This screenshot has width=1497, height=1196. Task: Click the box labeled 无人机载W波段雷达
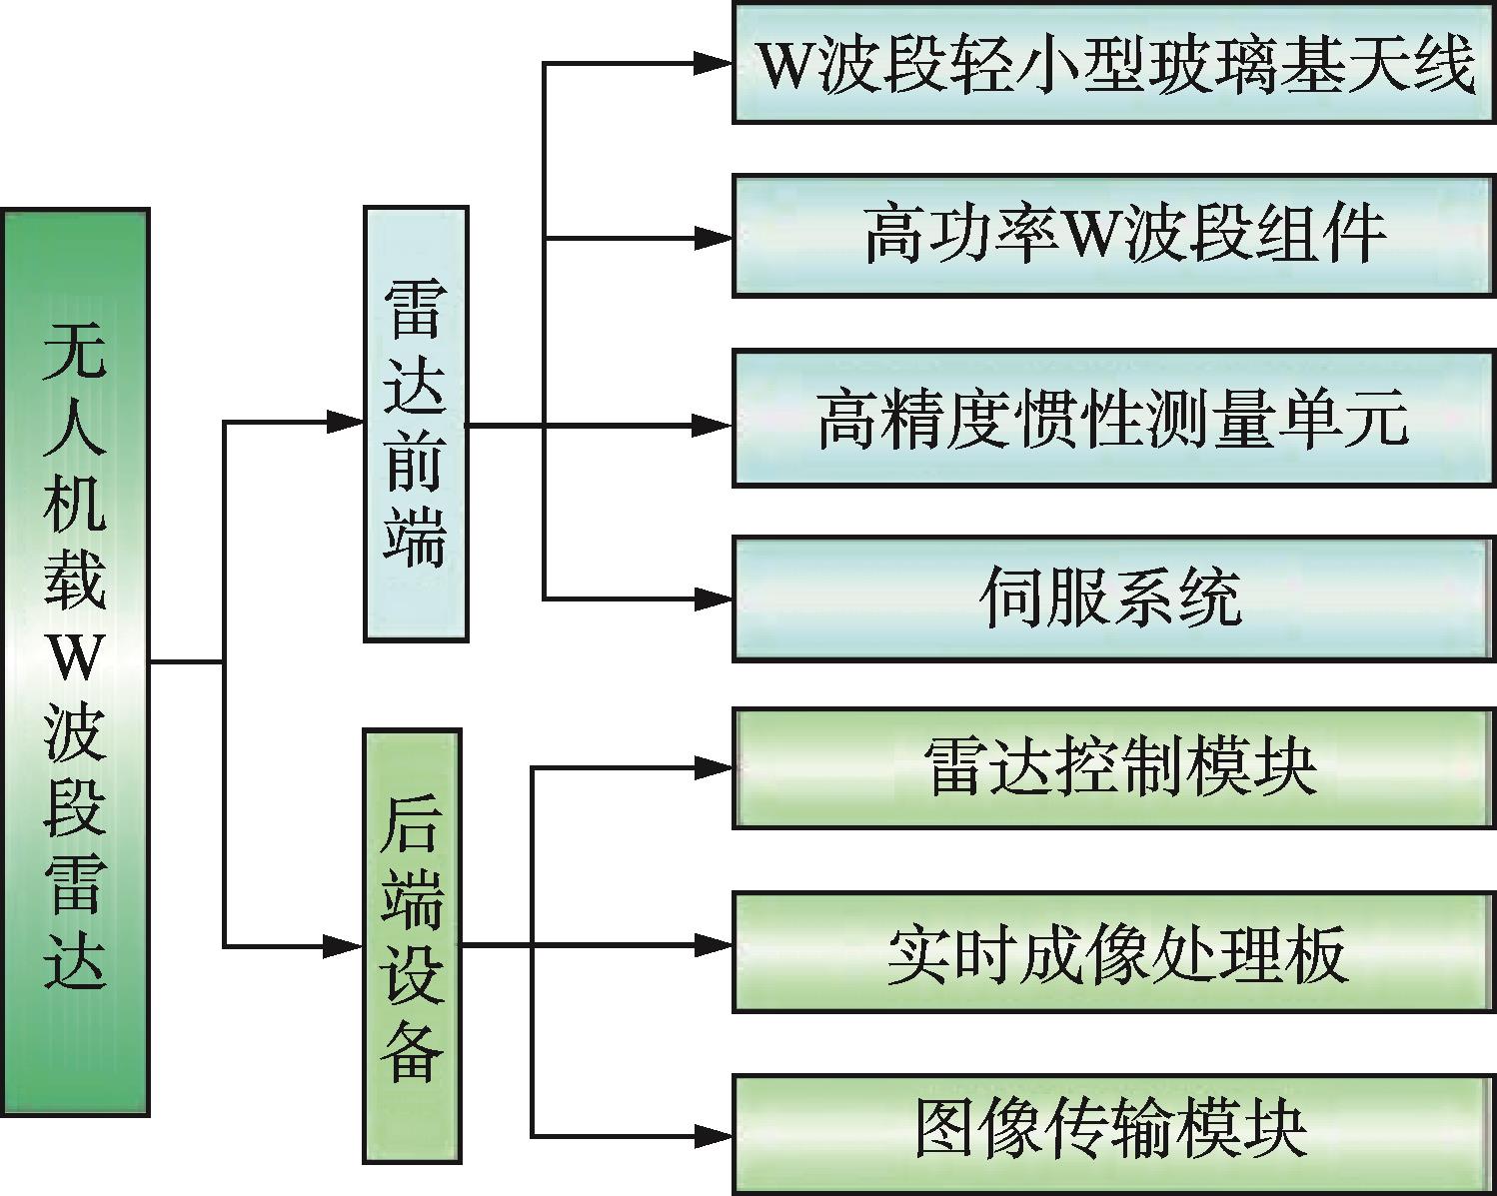(x=75, y=661)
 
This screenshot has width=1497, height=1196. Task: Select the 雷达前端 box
(x=415, y=423)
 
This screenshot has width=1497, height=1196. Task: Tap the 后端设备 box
(x=412, y=945)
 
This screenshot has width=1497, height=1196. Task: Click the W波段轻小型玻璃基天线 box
(x=1114, y=63)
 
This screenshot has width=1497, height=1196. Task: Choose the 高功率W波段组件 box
(x=1114, y=236)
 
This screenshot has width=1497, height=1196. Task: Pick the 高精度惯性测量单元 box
(x=1114, y=419)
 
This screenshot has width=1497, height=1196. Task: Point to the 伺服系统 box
(x=1114, y=598)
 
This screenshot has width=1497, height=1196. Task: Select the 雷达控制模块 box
(x=1114, y=768)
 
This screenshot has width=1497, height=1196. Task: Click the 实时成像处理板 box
(x=1114, y=952)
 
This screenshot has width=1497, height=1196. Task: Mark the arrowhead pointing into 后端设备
(x=344, y=945)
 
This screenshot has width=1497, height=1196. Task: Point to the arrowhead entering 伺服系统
(x=715, y=599)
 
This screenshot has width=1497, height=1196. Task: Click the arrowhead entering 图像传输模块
(x=715, y=1135)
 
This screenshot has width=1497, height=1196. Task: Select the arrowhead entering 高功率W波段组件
(x=715, y=238)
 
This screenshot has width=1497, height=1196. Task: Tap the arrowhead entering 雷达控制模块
(x=715, y=768)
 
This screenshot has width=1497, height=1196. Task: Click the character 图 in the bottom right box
(x=947, y=1131)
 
